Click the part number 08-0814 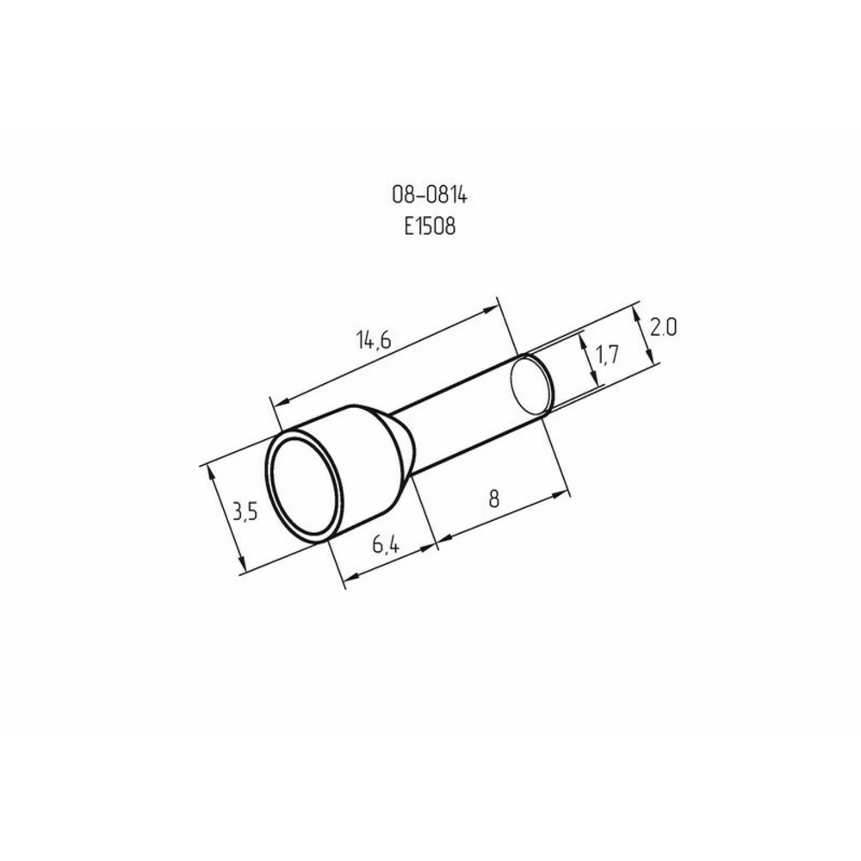tap(430, 195)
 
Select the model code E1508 tap(430, 226)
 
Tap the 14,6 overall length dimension tap(374, 340)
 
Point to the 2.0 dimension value tap(663, 328)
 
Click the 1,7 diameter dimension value tap(607, 356)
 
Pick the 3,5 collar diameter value tap(245, 512)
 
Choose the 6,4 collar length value tap(386, 545)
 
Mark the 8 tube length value tap(493, 499)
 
